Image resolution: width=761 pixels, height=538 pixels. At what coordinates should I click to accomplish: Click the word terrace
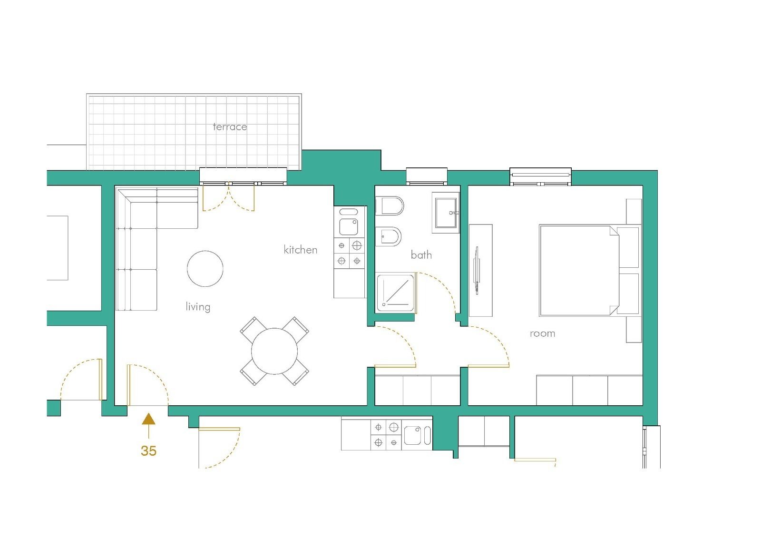click(x=230, y=127)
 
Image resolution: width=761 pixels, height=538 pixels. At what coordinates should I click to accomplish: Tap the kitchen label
click(x=300, y=250)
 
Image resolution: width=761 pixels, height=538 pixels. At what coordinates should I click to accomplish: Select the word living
click(x=198, y=307)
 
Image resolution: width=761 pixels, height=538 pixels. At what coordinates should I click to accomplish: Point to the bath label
click(x=421, y=255)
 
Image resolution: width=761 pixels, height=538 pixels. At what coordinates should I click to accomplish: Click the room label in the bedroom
click(x=542, y=333)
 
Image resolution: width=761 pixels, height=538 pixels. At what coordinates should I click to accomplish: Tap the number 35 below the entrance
click(x=148, y=450)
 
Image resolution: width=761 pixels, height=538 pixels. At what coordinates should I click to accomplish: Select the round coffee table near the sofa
click(x=205, y=269)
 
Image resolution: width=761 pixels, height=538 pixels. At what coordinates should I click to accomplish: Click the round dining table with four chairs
click(x=274, y=351)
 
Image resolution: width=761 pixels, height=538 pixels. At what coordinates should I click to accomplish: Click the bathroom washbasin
click(x=446, y=212)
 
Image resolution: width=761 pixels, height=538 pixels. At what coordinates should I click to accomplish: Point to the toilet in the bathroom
click(x=390, y=206)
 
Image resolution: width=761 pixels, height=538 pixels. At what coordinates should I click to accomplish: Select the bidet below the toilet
click(x=389, y=236)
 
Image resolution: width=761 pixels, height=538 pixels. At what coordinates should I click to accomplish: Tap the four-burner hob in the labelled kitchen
click(x=349, y=253)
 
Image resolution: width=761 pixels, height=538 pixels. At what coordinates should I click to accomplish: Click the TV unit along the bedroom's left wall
click(x=480, y=270)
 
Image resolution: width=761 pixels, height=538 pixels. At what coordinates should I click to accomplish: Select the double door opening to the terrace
click(x=229, y=196)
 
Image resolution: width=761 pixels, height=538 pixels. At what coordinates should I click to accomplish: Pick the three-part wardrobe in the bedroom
click(x=589, y=390)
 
